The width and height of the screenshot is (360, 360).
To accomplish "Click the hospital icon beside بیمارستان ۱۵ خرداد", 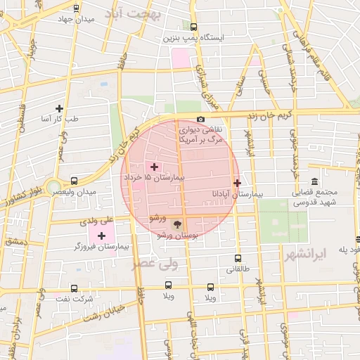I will point(154,167).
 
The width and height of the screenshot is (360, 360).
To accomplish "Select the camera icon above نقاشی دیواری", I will point(201,120).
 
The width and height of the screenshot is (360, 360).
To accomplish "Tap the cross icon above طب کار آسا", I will point(59,108).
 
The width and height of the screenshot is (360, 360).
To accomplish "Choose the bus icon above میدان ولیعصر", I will point(75,180).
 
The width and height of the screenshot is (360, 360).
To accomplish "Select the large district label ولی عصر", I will point(157,264).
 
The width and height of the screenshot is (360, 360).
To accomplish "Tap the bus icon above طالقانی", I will point(238,258).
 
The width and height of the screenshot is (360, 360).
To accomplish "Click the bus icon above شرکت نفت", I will point(74,288).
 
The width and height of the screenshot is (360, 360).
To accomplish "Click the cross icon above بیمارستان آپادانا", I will point(237,183).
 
